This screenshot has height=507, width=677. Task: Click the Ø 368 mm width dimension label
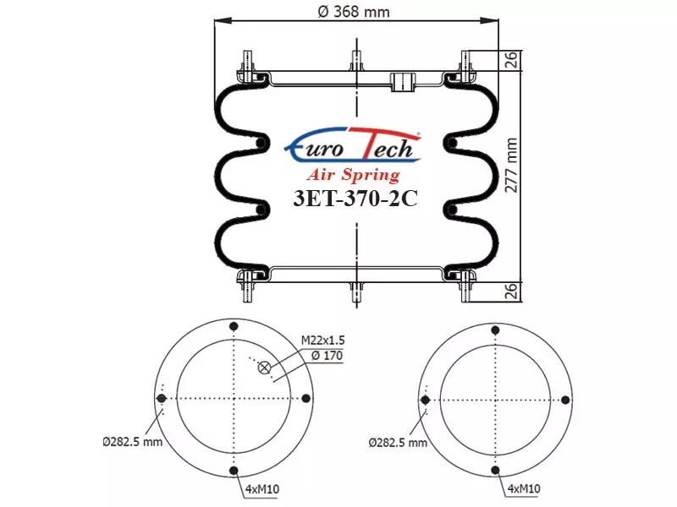pos(354,12)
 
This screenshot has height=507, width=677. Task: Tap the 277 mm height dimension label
pos(511,165)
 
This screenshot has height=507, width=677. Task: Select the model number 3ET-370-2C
pos(355,199)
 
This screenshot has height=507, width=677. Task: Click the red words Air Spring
pos(354,175)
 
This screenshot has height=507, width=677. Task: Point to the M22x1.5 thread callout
pos(323,341)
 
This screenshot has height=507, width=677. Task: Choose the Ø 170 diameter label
pos(327,356)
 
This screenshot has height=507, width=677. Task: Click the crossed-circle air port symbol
pos(264,368)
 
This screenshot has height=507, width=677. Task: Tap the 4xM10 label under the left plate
pos(262,489)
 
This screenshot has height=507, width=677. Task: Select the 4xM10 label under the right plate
pos(524,488)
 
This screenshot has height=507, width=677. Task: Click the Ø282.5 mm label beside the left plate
pos(133,442)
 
